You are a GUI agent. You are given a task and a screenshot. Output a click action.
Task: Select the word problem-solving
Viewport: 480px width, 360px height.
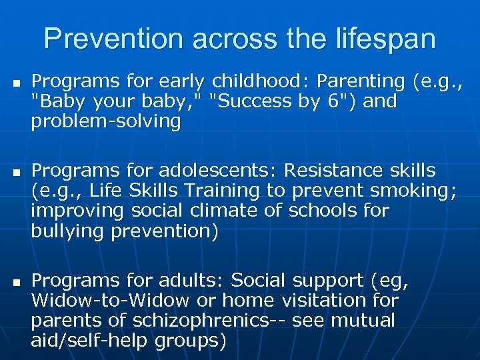coord(106,121)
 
